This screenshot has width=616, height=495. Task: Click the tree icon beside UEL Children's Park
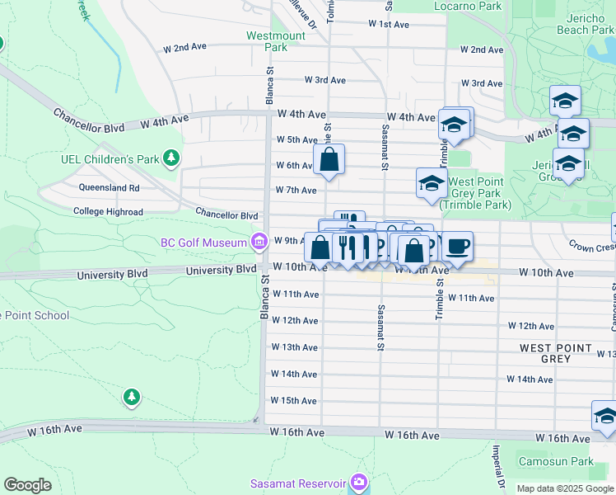170,157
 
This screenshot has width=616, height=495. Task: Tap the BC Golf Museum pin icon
259,242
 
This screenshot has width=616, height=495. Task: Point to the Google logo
27,485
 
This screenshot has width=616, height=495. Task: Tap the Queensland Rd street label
109,187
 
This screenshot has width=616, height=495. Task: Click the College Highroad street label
107,211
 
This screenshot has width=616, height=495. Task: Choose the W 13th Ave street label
294,347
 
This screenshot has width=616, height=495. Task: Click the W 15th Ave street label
294,401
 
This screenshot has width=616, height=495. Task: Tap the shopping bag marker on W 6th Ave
329,161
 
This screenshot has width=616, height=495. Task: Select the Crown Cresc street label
592,246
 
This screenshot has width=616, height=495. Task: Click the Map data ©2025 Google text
564,488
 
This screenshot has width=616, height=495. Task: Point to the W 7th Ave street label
294,191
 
